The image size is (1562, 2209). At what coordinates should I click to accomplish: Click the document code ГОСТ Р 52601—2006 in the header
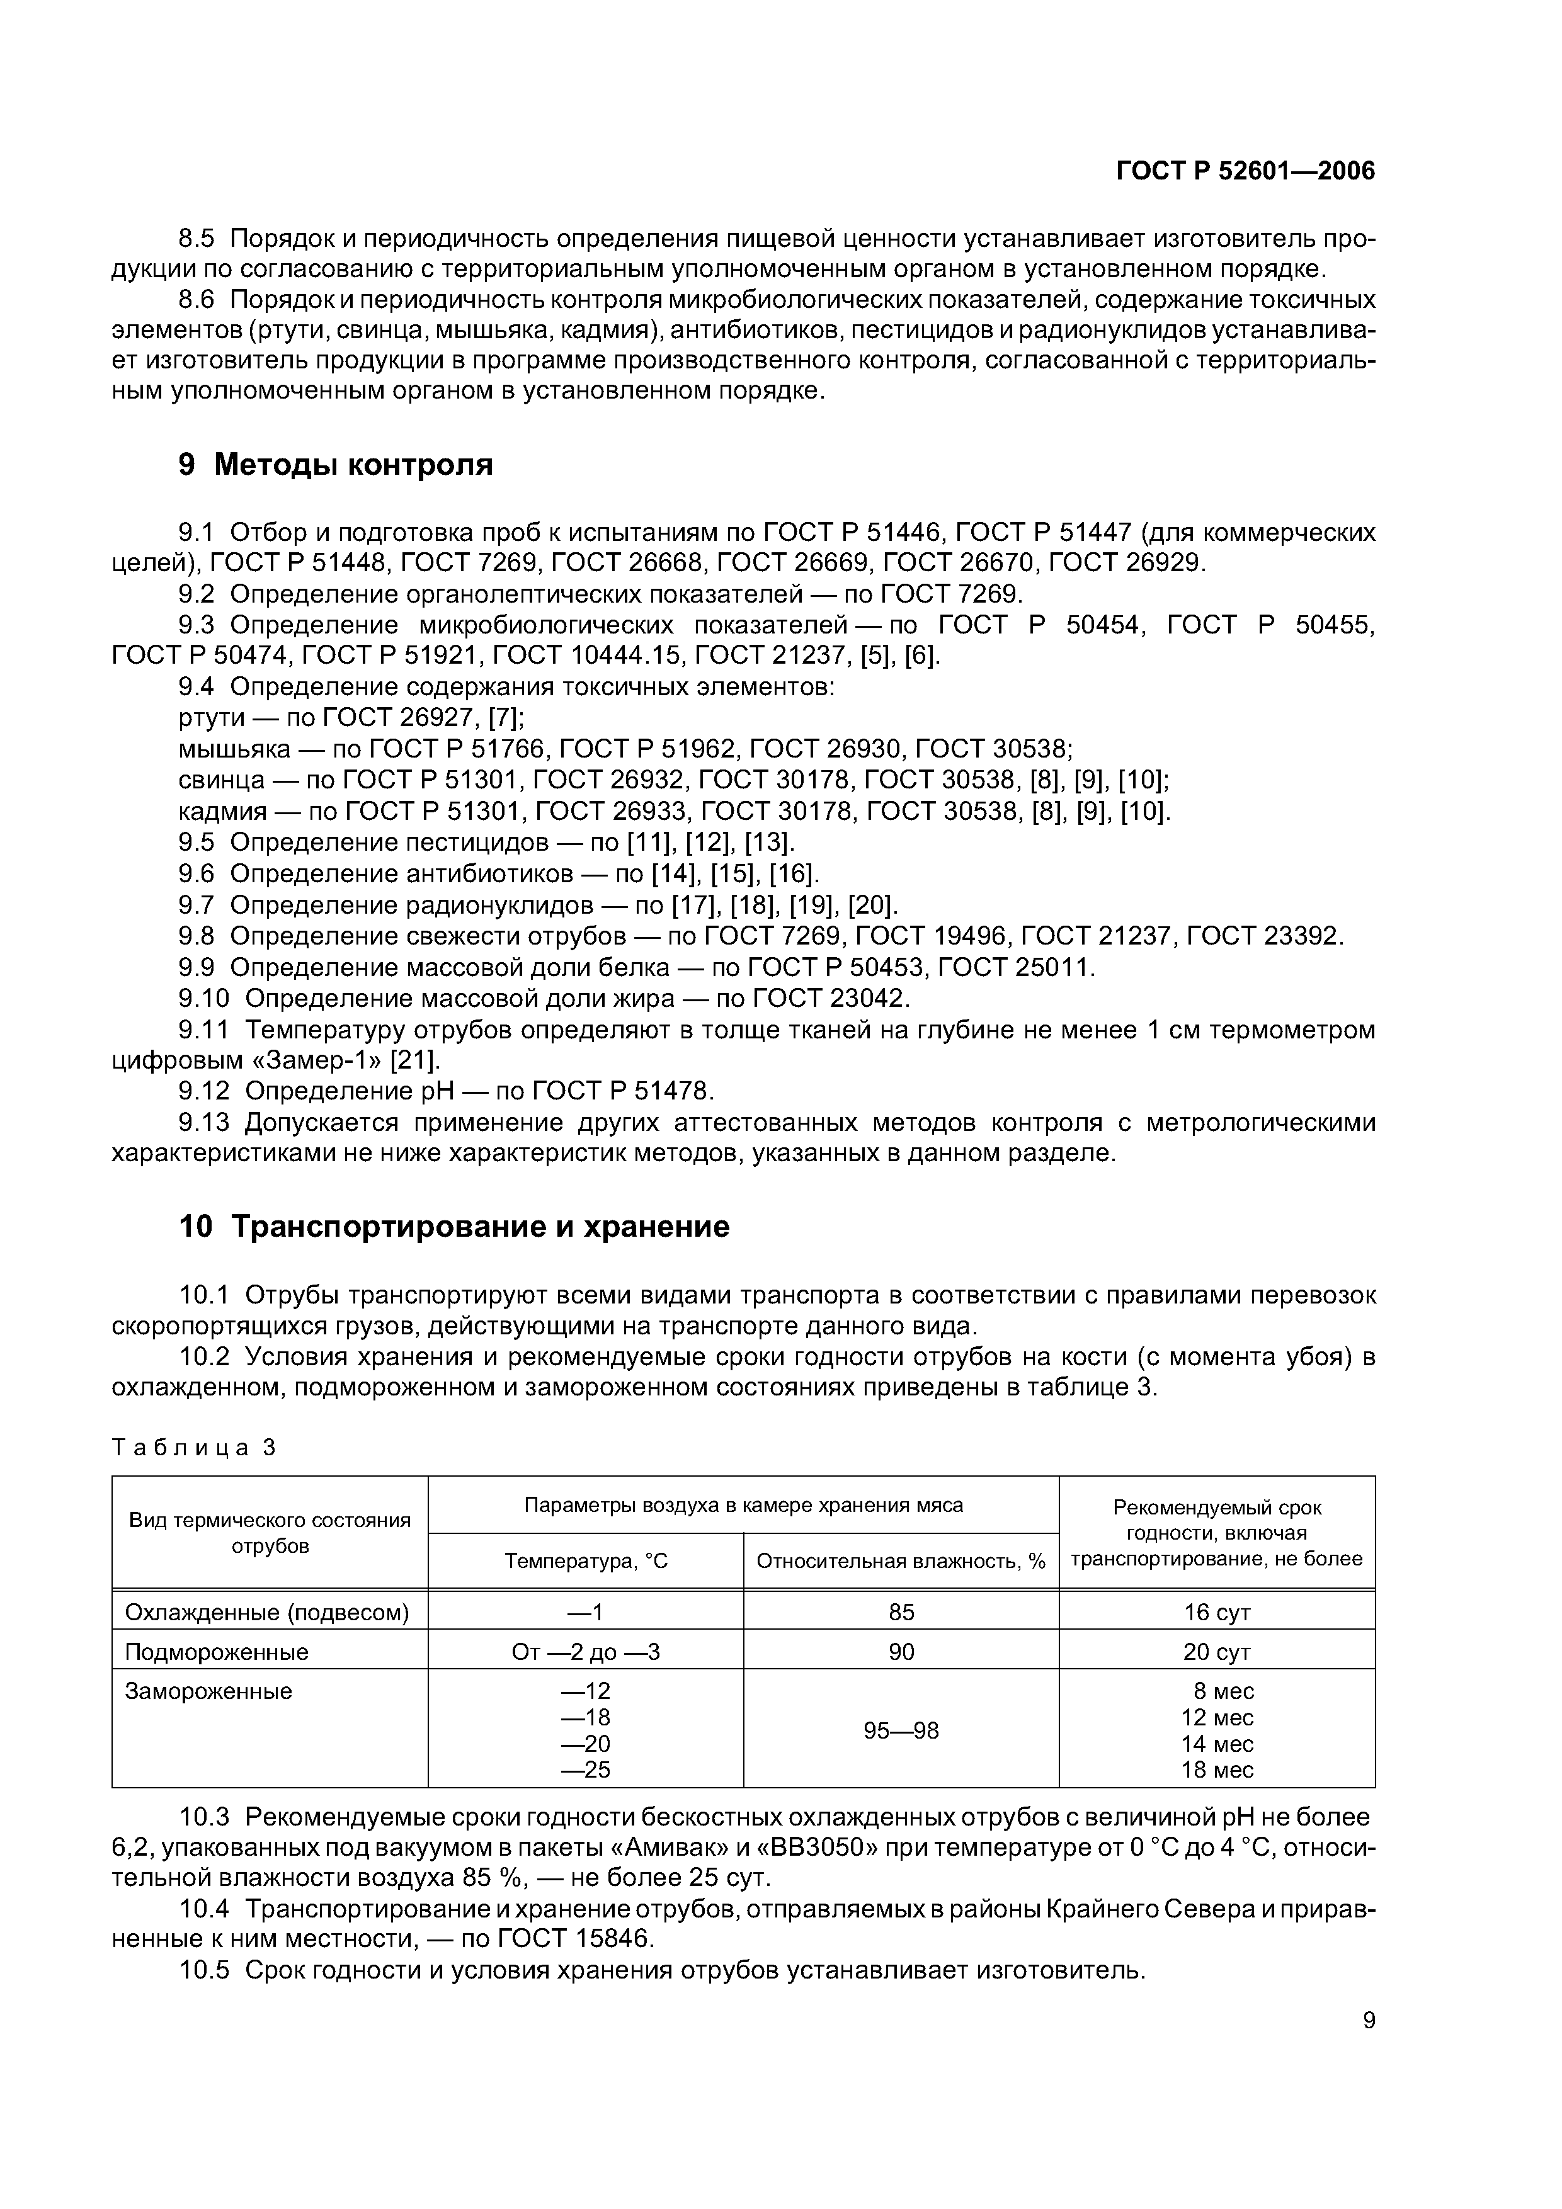point(1245,171)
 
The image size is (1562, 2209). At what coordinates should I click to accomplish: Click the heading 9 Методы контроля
point(335,465)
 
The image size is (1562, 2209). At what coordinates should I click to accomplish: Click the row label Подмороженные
point(217,1652)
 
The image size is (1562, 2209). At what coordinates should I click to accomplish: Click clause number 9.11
point(204,1030)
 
